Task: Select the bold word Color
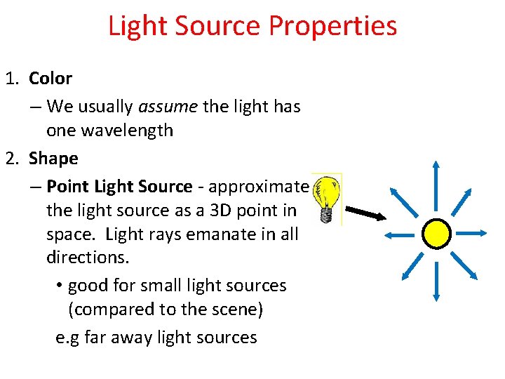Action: coord(50,79)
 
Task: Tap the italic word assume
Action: coord(168,107)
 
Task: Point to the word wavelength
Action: coord(128,131)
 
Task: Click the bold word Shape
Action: coord(53,159)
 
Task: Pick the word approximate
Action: coord(258,187)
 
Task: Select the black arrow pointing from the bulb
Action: coord(365,212)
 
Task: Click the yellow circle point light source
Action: coord(436,234)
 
